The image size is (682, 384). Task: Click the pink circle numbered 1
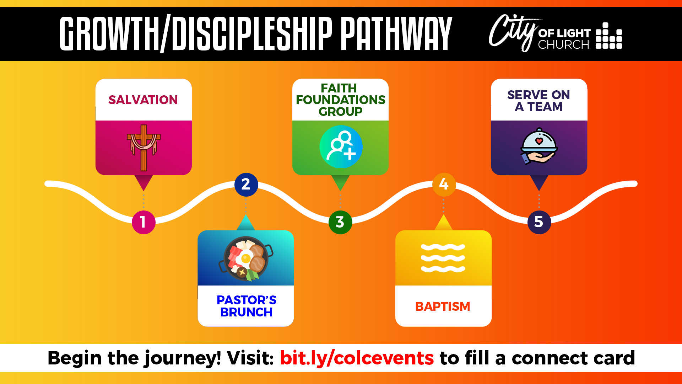click(x=144, y=222)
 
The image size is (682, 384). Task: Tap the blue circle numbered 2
click(x=246, y=185)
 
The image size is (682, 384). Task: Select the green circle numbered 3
click(x=340, y=222)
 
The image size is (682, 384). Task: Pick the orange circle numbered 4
click(x=444, y=185)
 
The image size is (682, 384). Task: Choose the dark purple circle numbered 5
click(x=539, y=222)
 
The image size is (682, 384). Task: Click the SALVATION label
click(x=143, y=100)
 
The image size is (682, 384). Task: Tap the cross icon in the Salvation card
click(x=144, y=148)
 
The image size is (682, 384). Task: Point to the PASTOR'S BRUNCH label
click(x=246, y=306)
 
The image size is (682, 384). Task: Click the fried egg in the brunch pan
click(x=244, y=257)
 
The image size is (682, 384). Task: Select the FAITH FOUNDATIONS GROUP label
click(x=340, y=100)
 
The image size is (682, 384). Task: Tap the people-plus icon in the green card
click(x=341, y=146)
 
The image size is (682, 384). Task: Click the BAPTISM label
click(x=443, y=306)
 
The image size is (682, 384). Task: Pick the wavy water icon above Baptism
click(x=443, y=258)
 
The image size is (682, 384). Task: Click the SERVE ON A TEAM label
click(x=538, y=101)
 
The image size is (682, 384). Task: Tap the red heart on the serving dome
click(x=539, y=141)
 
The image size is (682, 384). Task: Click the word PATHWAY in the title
click(x=396, y=33)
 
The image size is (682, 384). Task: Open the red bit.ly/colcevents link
click(x=357, y=358)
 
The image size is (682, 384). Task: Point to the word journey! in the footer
click(x=183, y=358)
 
